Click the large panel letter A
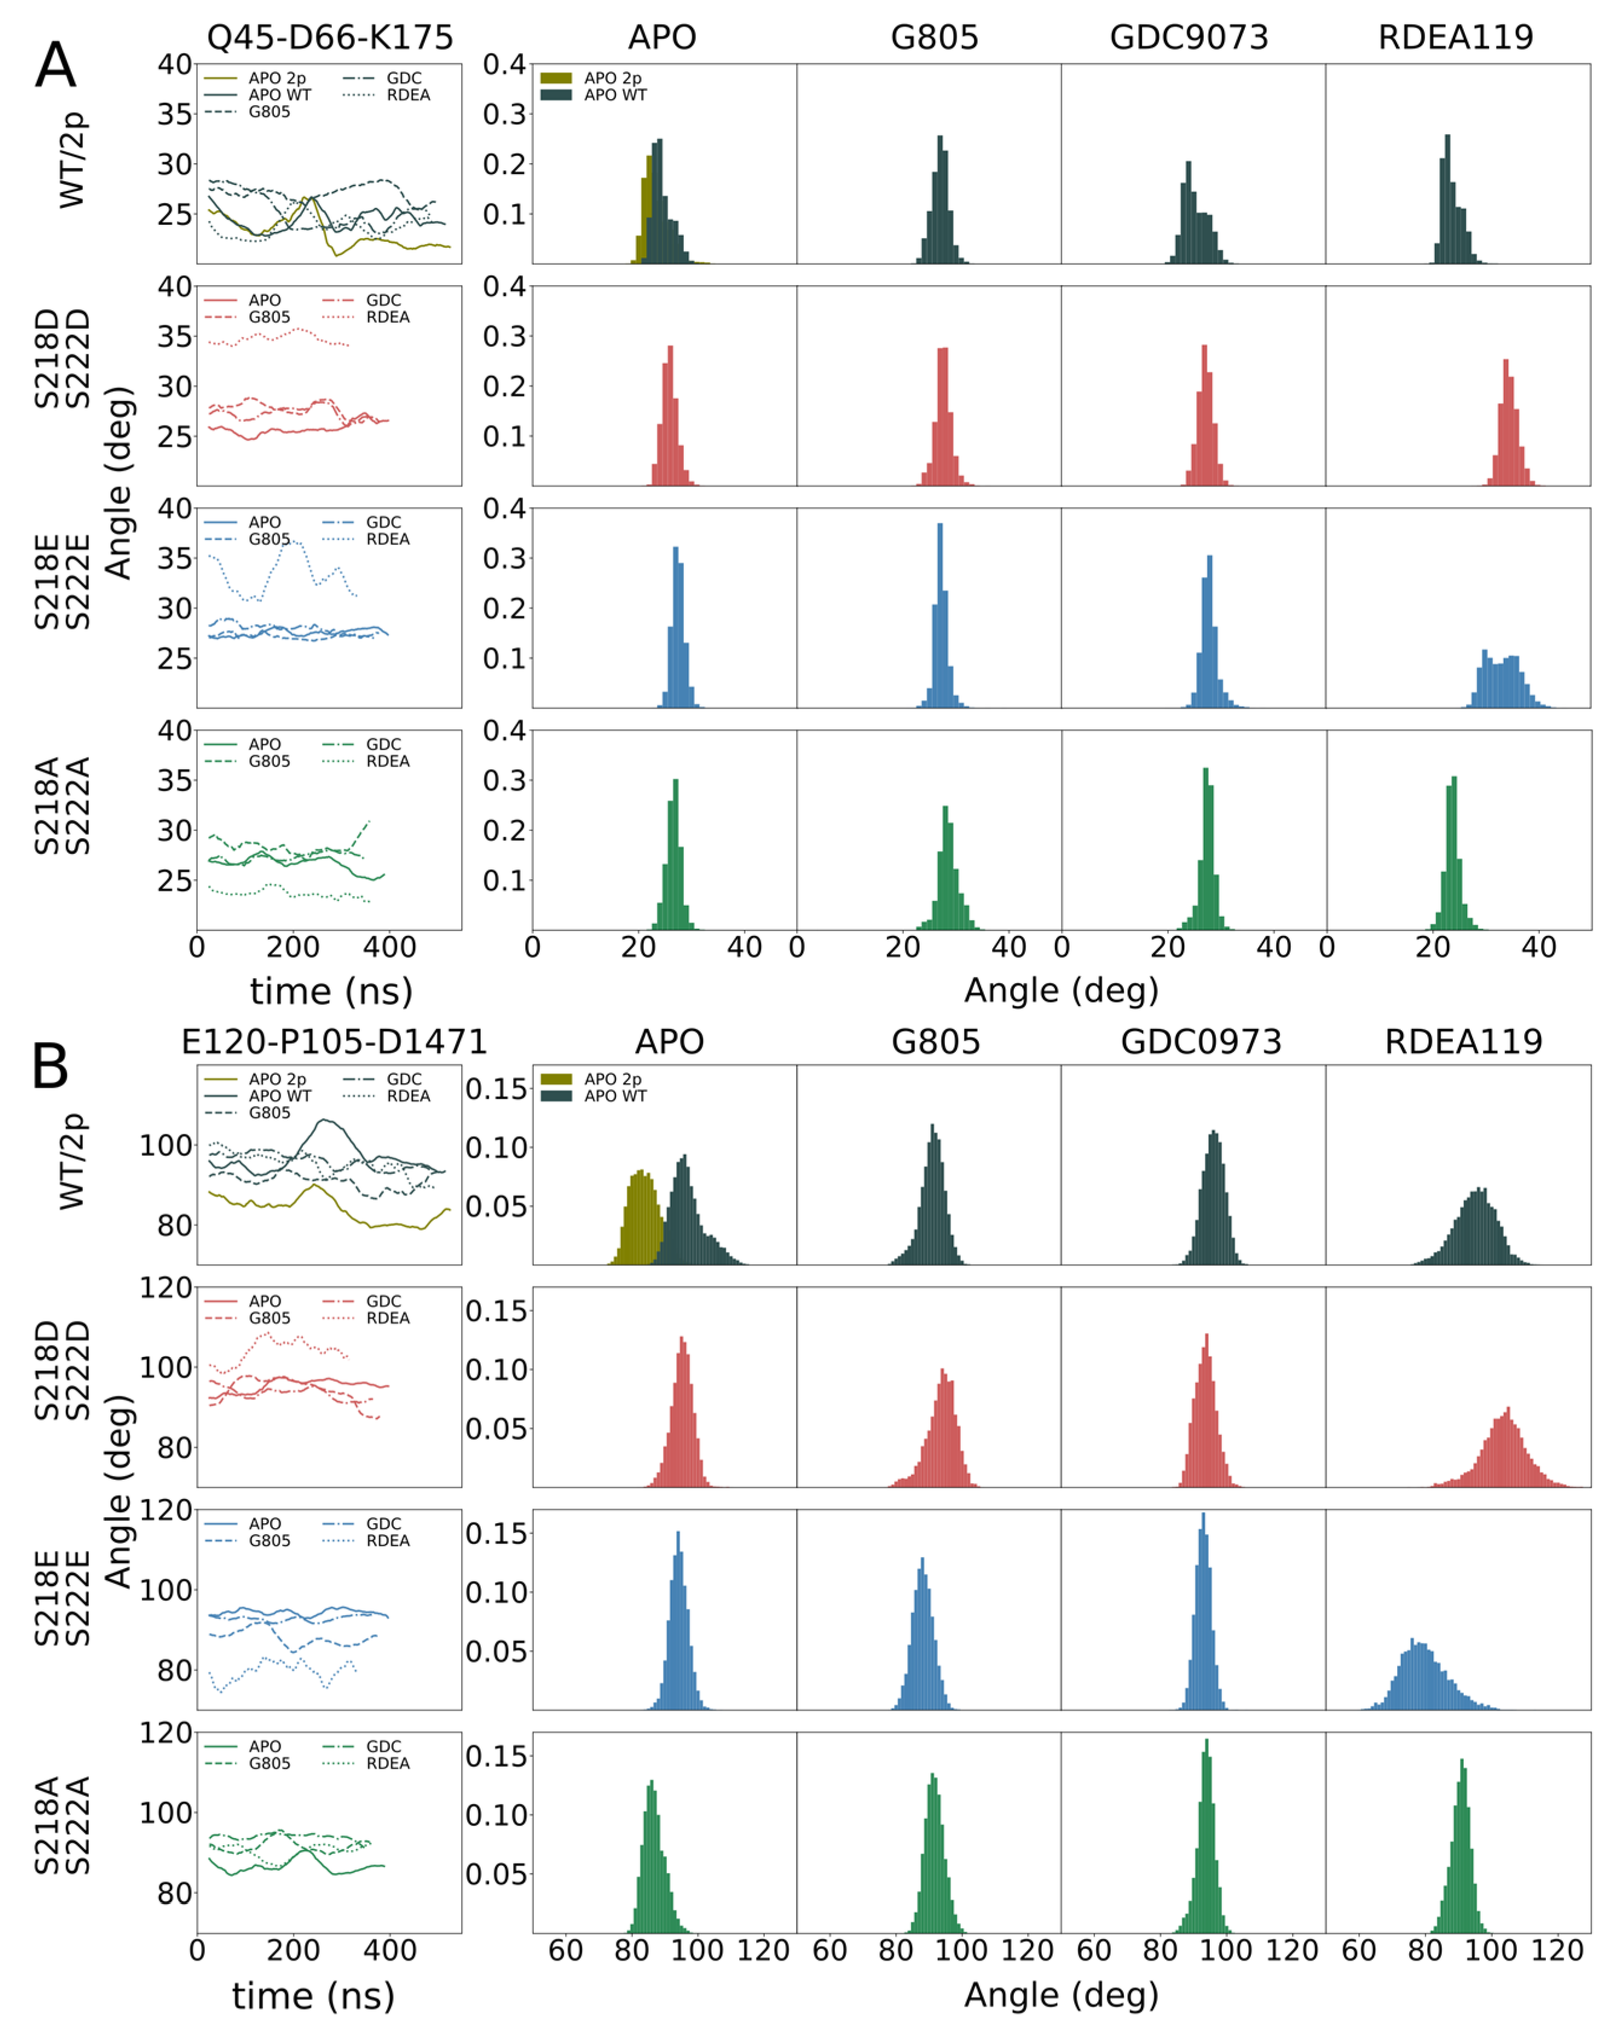coord(54,66)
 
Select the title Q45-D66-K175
coord(329,37)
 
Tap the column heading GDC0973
coord(1201,1042)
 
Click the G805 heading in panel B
coord(935,1042)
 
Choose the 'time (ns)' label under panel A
coord(331,991)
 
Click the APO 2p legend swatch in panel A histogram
coord(556,78)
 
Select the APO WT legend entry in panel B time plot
coord(279,1095)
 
